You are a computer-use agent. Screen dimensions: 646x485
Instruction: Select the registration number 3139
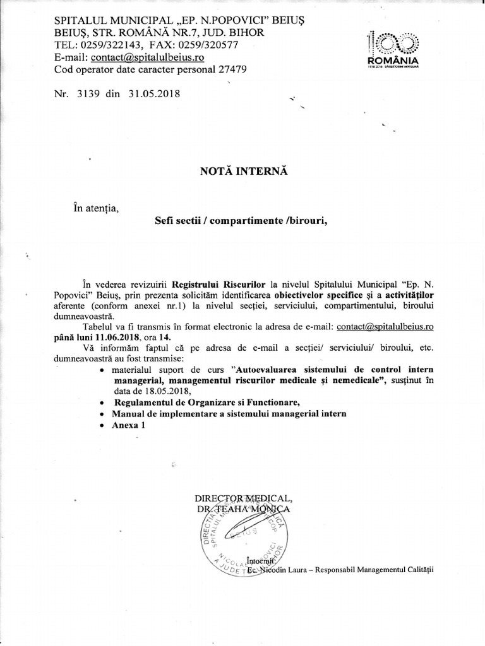[x=88, y=93]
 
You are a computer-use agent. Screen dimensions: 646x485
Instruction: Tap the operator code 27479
[x=227, y=69]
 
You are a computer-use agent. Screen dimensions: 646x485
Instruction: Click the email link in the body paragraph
[x=385, y=327]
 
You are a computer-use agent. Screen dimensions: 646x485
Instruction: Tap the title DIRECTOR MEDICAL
[x=244, y=498]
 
